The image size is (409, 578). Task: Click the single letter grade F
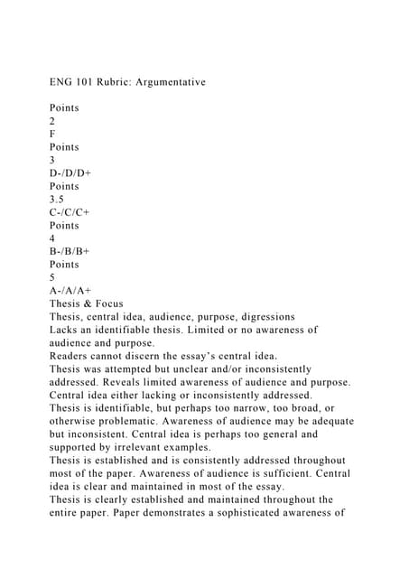52,135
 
